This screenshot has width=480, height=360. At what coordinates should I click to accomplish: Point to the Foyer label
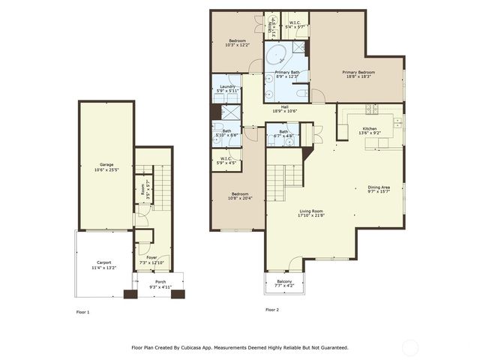151,259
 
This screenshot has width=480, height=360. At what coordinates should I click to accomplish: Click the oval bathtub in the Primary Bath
277,55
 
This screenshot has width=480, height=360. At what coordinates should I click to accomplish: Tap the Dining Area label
379,188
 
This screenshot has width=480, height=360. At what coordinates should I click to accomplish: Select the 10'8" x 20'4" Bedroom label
241,194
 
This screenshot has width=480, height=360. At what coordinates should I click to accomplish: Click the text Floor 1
83,310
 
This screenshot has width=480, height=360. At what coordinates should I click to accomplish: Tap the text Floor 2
271,309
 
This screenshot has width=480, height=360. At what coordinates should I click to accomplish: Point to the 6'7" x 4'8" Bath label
283,134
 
